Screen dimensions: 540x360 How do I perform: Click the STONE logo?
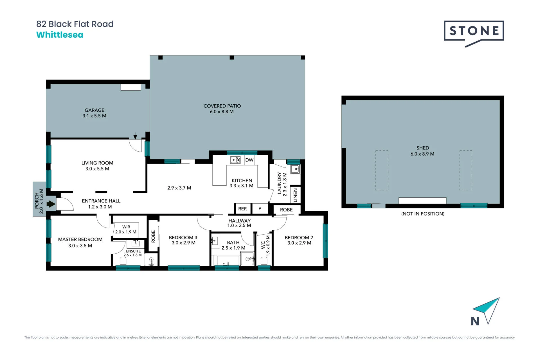(474, 33)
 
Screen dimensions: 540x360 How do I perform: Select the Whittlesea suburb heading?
(60, 35)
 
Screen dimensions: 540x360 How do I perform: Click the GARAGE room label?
(94, 110)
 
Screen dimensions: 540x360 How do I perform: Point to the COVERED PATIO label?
(222, 106)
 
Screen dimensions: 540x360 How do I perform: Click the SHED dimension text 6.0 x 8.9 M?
(422, 154)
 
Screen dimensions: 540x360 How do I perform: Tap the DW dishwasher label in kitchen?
(249, 160)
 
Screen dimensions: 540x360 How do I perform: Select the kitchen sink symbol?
(235, 160)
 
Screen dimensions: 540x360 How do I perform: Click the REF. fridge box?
(243, 208)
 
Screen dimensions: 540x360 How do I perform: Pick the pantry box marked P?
(260, 208)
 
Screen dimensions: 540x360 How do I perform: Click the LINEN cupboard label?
(295, 195)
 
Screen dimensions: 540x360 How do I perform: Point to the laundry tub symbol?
(295, 169)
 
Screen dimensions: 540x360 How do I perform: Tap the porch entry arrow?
(51, 204)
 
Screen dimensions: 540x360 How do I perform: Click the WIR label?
(126, 227)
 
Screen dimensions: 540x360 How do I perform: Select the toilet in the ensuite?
(123, 261)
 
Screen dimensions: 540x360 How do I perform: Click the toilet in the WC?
(264, 261)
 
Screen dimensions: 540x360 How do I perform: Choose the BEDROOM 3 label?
(183, 238)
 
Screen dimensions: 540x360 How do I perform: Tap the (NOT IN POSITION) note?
(423, 214)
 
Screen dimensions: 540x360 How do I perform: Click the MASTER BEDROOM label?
(80, 240)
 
